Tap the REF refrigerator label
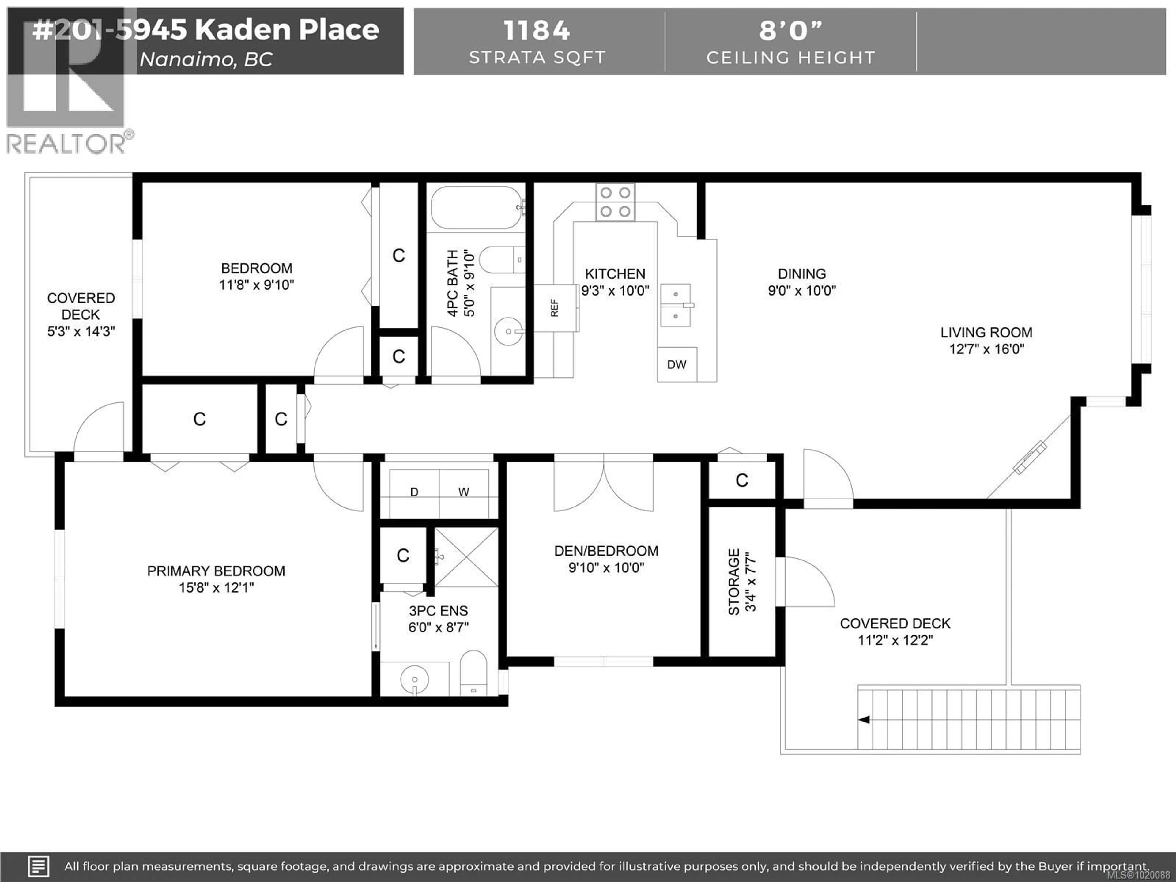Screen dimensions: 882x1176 click(555, 308)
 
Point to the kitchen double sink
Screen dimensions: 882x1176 click(676, 305)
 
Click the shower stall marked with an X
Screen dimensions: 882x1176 click(466, 557)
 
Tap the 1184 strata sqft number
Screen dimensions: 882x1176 click(537, 30)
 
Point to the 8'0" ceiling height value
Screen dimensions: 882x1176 click(790, 30)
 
